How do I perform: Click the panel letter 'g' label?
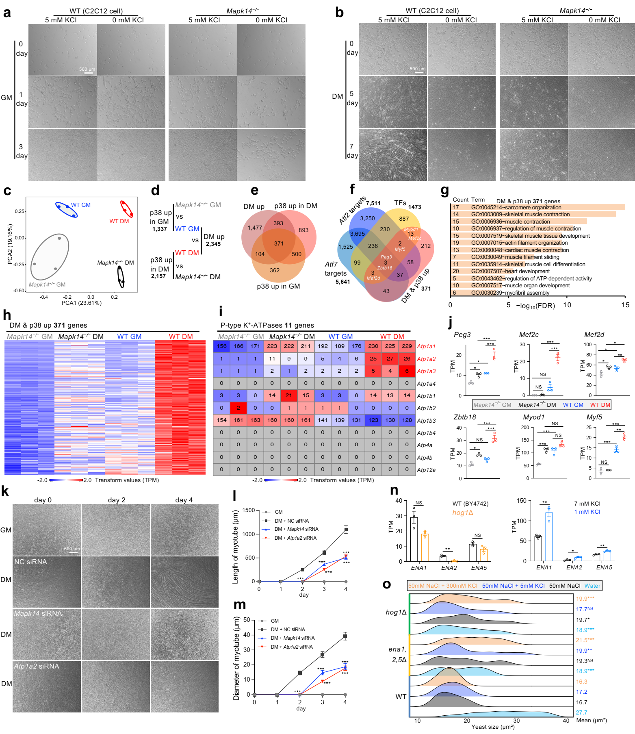click(x=445, y=190)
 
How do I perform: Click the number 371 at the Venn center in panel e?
click(x=279, y=243)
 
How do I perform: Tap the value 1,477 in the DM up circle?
click(x=255, y=228)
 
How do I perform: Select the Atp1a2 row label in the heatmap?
click(x=426, y=359)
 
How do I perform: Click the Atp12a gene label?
click(x=426, y=470)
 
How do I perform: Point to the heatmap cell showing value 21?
click(x=289, y=395)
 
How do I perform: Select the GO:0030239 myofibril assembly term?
click(x=510, y=293)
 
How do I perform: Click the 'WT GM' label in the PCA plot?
click(x=80, y=205)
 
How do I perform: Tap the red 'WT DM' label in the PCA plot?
click(x=119, y=221)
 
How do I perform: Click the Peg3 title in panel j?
click(x=462, y=334)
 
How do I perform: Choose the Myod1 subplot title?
click(x=533, y=417)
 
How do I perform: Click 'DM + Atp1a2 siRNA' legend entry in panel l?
click(x=295, y=538)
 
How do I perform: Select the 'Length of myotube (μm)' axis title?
click(x=235, y=547)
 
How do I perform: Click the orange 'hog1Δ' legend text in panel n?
click(x=463, y=512)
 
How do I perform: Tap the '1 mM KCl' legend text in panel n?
click(x=587, y=512)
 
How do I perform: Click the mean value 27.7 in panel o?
click(x=581, y=712)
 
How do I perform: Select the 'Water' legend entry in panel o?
click(x=592, y=586)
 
